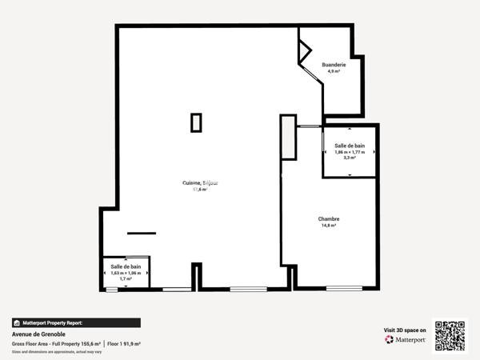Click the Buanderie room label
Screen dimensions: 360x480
click(334, 65)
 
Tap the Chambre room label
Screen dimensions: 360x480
click(328, 219)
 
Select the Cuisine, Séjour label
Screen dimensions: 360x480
click(200, 183)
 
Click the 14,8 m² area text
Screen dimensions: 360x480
click(328, 226)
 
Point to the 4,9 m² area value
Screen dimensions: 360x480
click(334, 71)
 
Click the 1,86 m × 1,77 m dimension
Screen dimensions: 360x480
click(349, 152)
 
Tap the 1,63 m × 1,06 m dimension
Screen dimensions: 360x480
click(126, 273)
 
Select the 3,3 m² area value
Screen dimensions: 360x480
click(349, 158)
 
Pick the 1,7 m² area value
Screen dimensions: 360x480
click(126, 278)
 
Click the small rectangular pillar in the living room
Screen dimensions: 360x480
click(196, 122)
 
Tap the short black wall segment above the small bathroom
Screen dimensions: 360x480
click(141, 233)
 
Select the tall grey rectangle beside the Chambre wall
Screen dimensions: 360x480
click(288, 140)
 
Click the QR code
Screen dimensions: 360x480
click(449, 336)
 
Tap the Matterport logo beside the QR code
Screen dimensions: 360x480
click(405, 339)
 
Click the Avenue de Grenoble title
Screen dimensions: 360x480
click(38, 334)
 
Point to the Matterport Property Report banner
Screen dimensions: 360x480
click(76, 322)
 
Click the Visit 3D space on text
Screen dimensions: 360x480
click(405, 330)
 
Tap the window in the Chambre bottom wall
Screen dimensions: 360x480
click(344, 288)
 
